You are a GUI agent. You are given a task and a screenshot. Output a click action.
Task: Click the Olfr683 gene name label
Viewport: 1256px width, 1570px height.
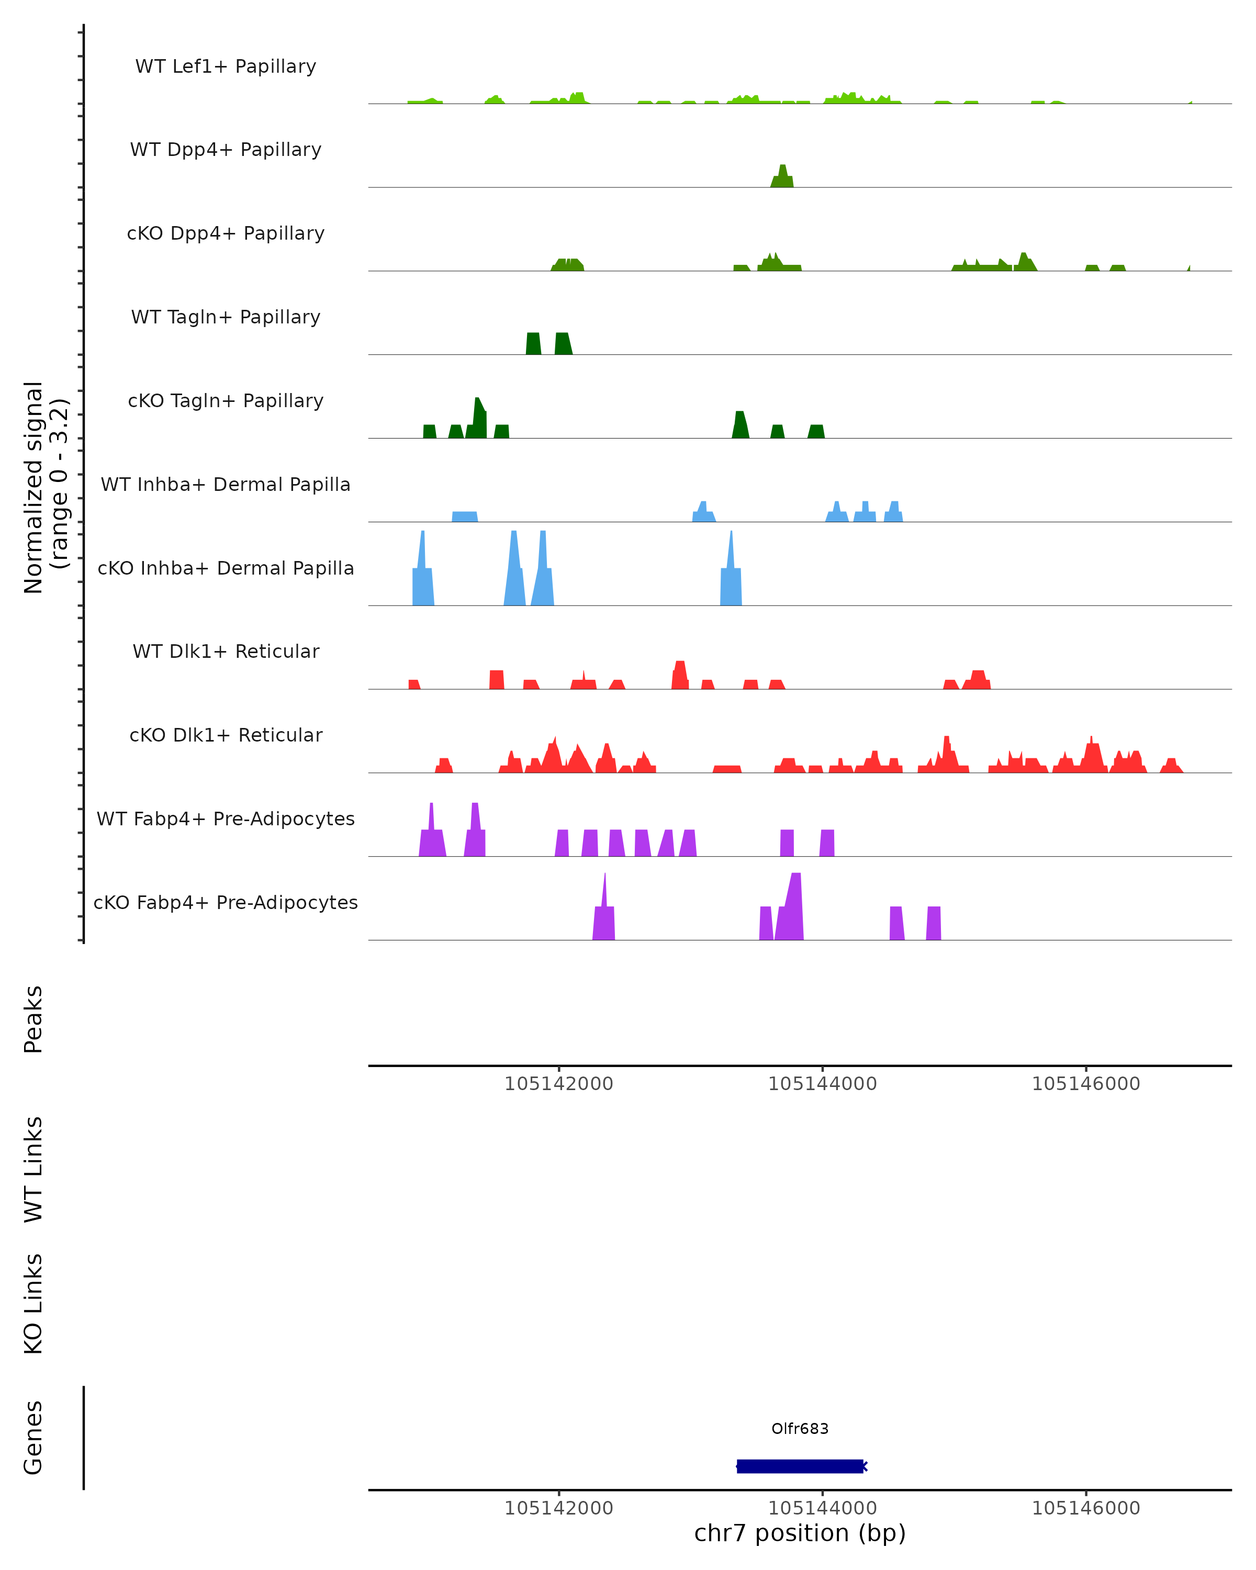(x=800, y=1428)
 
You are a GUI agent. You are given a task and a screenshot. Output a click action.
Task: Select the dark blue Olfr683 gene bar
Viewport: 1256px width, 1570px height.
(x=800, y=1466)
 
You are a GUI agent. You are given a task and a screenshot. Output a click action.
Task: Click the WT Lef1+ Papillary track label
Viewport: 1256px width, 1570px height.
(x=226, y=66)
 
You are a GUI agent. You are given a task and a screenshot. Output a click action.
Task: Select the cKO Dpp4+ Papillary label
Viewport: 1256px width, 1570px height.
(x=226, y=233)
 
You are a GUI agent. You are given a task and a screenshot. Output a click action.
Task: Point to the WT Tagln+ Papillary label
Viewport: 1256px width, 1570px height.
(x=226, y=317)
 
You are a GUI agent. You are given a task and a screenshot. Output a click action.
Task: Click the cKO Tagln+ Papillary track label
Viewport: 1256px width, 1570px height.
(x=226, y=400)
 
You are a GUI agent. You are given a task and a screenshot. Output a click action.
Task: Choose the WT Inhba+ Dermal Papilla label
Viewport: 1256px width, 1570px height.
(x=226, y=484)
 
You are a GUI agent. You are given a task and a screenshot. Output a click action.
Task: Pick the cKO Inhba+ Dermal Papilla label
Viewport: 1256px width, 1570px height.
(x=226, y=568)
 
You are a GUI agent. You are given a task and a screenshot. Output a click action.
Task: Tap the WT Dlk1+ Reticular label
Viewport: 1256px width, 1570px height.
(x=226, y=651)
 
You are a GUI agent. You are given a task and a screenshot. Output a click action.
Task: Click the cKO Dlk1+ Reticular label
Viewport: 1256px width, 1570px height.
(x=226, y=735)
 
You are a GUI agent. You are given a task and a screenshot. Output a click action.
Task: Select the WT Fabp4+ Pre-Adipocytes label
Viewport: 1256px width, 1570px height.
(x=226, y=818)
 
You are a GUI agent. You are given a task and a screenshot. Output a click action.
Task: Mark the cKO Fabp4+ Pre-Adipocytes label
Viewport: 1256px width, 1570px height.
(x=226, y=902)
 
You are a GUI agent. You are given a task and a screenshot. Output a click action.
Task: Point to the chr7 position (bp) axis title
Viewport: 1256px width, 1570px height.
(x=800, y=1533)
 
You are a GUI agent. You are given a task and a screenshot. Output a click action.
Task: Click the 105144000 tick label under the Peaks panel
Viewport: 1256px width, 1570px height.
(x=822, y=1084)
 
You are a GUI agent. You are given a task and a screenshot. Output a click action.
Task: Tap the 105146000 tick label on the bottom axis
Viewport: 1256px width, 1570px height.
(x=1085, y=1508)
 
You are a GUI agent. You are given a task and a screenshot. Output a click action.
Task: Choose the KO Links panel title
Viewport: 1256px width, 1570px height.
(x=33, y=1304)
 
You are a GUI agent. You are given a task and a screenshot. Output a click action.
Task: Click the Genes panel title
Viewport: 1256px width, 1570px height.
(x=33, y=1438)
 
